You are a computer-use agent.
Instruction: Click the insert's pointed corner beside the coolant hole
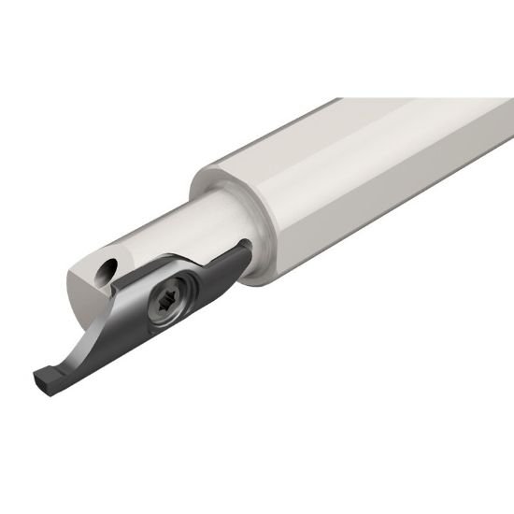click(x=131, y=280)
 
